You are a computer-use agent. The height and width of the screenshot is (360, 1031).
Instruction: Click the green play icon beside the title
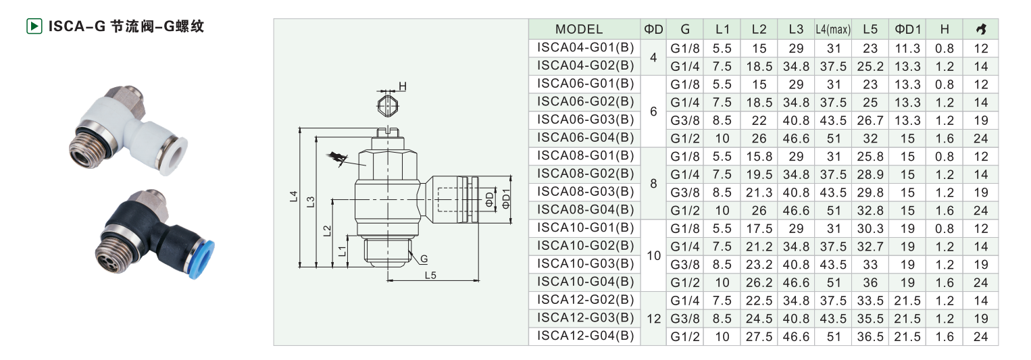(34, 26)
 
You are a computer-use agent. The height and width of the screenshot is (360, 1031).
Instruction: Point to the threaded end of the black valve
(114, 254)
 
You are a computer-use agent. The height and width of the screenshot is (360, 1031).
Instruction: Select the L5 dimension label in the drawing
(430, 276)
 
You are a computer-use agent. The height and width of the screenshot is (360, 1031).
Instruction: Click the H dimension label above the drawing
(403, 86)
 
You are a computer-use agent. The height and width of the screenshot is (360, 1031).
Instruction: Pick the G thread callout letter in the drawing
(424, 259)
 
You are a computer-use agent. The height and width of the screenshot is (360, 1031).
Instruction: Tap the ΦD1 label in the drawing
(506, 199)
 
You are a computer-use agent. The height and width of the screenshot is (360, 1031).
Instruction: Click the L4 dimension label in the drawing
(294, 197)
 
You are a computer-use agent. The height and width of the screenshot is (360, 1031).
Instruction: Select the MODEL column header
(579, 30)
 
